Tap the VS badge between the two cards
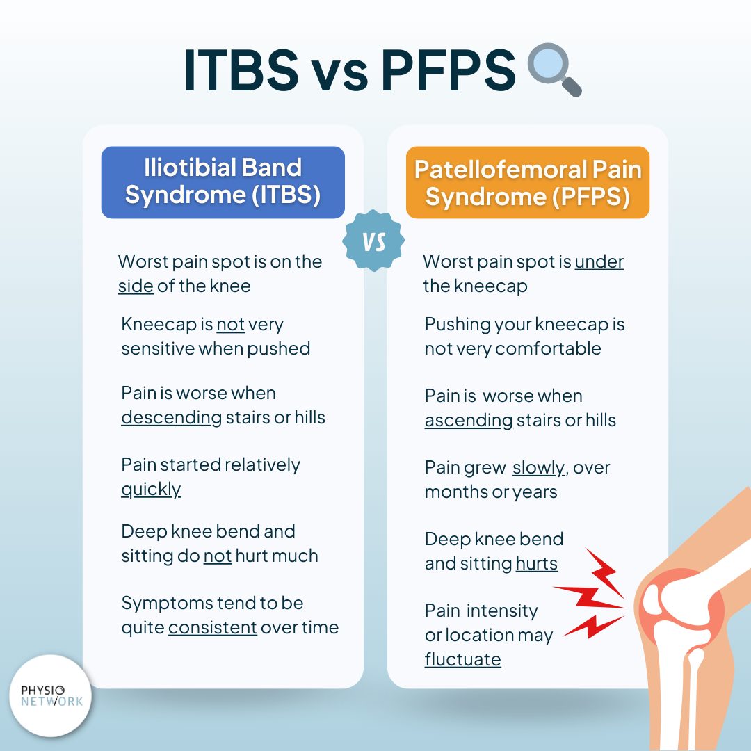pyautogui.click(x=374, y=241)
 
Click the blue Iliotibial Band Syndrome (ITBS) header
pyautogui.click(x=223, y=182)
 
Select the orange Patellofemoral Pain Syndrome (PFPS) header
pyautogui.click(x=528, y=184)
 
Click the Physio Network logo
pyautogui.click(x=51, y=695)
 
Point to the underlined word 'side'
pyautogui.click(x=136, y=286)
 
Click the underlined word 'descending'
pyautogui.click(x=171, y=417)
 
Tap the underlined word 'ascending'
pyautogui.click(x=468, y=420)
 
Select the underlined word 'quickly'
pyautogui.click(x=151, y=489)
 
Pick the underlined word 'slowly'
pyautogui.click(x=538, y=467)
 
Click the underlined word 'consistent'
pyautogui.click(x=213, y=627)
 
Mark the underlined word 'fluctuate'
pyautogui.click(x=462, y=659)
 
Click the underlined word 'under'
pyautogui.click(x=599, y=261)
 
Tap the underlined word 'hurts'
pyautogui.click(x=536, y=563)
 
